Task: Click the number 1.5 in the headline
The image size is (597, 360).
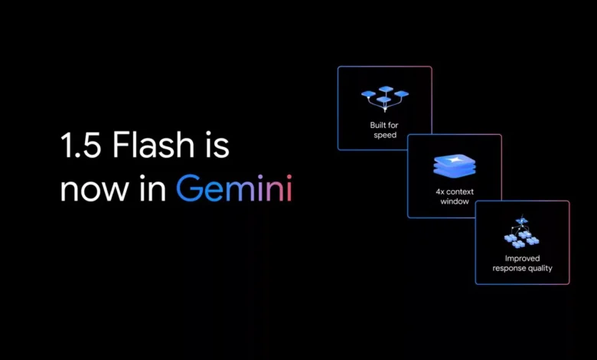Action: click(80, 145)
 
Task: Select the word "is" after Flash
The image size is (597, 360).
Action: click(218, 145)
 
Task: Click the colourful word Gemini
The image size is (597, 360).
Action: click(233, 188)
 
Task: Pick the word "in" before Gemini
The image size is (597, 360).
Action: click(152, 188)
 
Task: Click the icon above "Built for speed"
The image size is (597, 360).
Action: click(385, 99)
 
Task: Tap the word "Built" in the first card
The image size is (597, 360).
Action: click(377, 125)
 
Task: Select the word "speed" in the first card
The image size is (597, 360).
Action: click(385, 136)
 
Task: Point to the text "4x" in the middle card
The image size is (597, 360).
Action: click(440, 191)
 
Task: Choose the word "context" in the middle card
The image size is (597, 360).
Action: click(460, 191)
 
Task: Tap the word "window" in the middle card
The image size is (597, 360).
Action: click(455, 201)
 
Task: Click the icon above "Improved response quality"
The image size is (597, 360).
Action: click(522, 231)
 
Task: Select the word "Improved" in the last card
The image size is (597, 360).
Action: click(522, 259)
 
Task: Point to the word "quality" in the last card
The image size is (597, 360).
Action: click(539, 269)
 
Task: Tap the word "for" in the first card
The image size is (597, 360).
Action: click(393, 125)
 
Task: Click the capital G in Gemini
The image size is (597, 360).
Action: click(189, 188)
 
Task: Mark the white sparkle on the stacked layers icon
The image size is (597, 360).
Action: click(453, 160)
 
